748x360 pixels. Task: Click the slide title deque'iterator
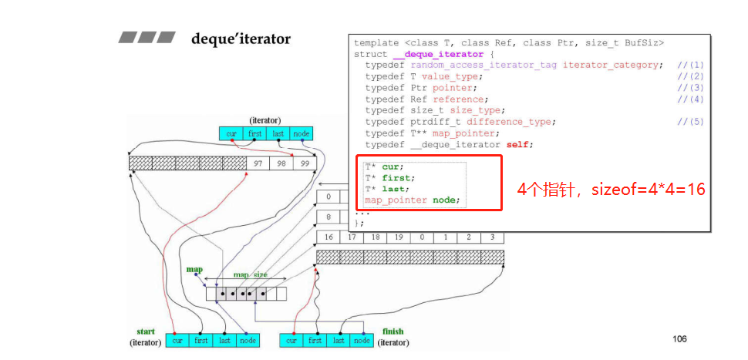pos(241,39)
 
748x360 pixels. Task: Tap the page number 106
pos(679,339)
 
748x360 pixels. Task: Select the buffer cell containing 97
pos(258,163)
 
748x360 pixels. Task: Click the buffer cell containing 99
pos(305,163)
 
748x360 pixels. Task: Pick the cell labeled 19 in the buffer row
pos(399,237)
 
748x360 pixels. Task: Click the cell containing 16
pos(329,237)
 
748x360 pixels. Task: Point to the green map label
pos(194,270)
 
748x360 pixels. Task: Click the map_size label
pos(251,275)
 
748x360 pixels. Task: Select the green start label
pos(146,331)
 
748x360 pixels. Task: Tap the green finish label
pos(393,331)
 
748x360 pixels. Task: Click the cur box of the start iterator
pos(177,341)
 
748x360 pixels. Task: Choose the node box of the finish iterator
pos(362,341)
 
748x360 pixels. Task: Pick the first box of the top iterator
pos(254,133)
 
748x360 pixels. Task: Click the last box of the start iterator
pos(224,341)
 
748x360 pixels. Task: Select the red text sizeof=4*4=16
pos(649,190)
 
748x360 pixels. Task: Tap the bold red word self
pos(517,145)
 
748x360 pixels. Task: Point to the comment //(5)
pos(690,122)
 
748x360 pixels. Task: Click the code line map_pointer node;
pos(413,200)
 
